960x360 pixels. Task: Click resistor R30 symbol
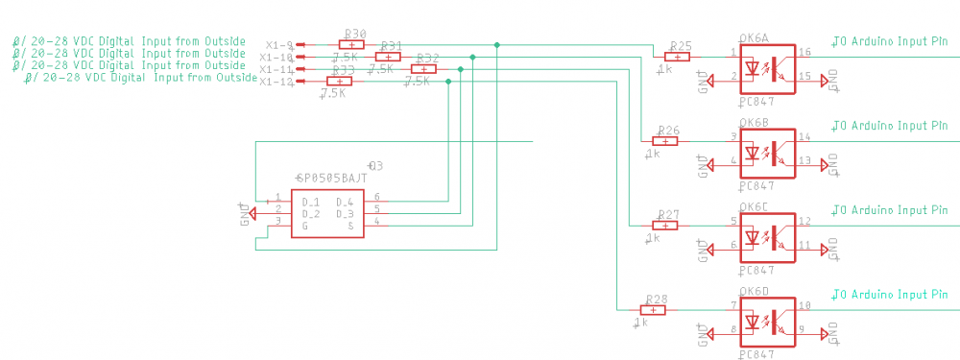(352, 44)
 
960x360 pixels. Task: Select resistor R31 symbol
(387, 57)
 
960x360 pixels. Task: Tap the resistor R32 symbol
(423, 69)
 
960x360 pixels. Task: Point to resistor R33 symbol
(339, 82)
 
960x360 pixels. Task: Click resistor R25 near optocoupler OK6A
(677, 57)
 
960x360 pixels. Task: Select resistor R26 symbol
(664, 141)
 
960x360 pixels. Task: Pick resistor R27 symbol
(664, 226)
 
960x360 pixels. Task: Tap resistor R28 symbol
(653, 310)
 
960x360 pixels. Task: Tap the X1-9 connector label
(279, 45)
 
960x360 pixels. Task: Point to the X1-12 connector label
(276, 82)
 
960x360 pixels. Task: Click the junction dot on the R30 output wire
(496, 45)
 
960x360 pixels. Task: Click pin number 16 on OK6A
(804, 52)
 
